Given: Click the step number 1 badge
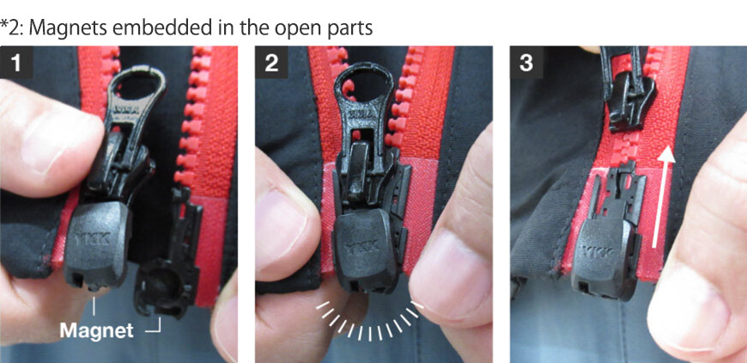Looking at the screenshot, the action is pyautogui.click(x=16, y=63).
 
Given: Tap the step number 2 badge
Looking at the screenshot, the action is pyautogui.click(x=271, y=63).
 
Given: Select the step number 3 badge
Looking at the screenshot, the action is pyautogui.click(x=526, y=63).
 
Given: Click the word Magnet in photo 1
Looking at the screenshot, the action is pyautogui.click(x=96, y=330).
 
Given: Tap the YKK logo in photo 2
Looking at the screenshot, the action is pyautogui.click(x=363, y=245).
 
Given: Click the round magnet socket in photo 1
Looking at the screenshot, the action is pyautogui.click(x=162, y=287).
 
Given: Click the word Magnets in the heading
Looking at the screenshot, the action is pyautogui.click(x=70, y=28).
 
